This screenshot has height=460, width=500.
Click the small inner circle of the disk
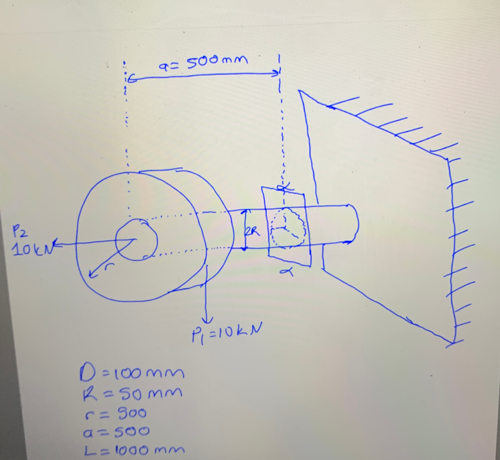coord(136,239)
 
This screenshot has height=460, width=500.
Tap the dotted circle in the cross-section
coord(288,228)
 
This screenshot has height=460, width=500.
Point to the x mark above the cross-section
coord(282,188)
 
